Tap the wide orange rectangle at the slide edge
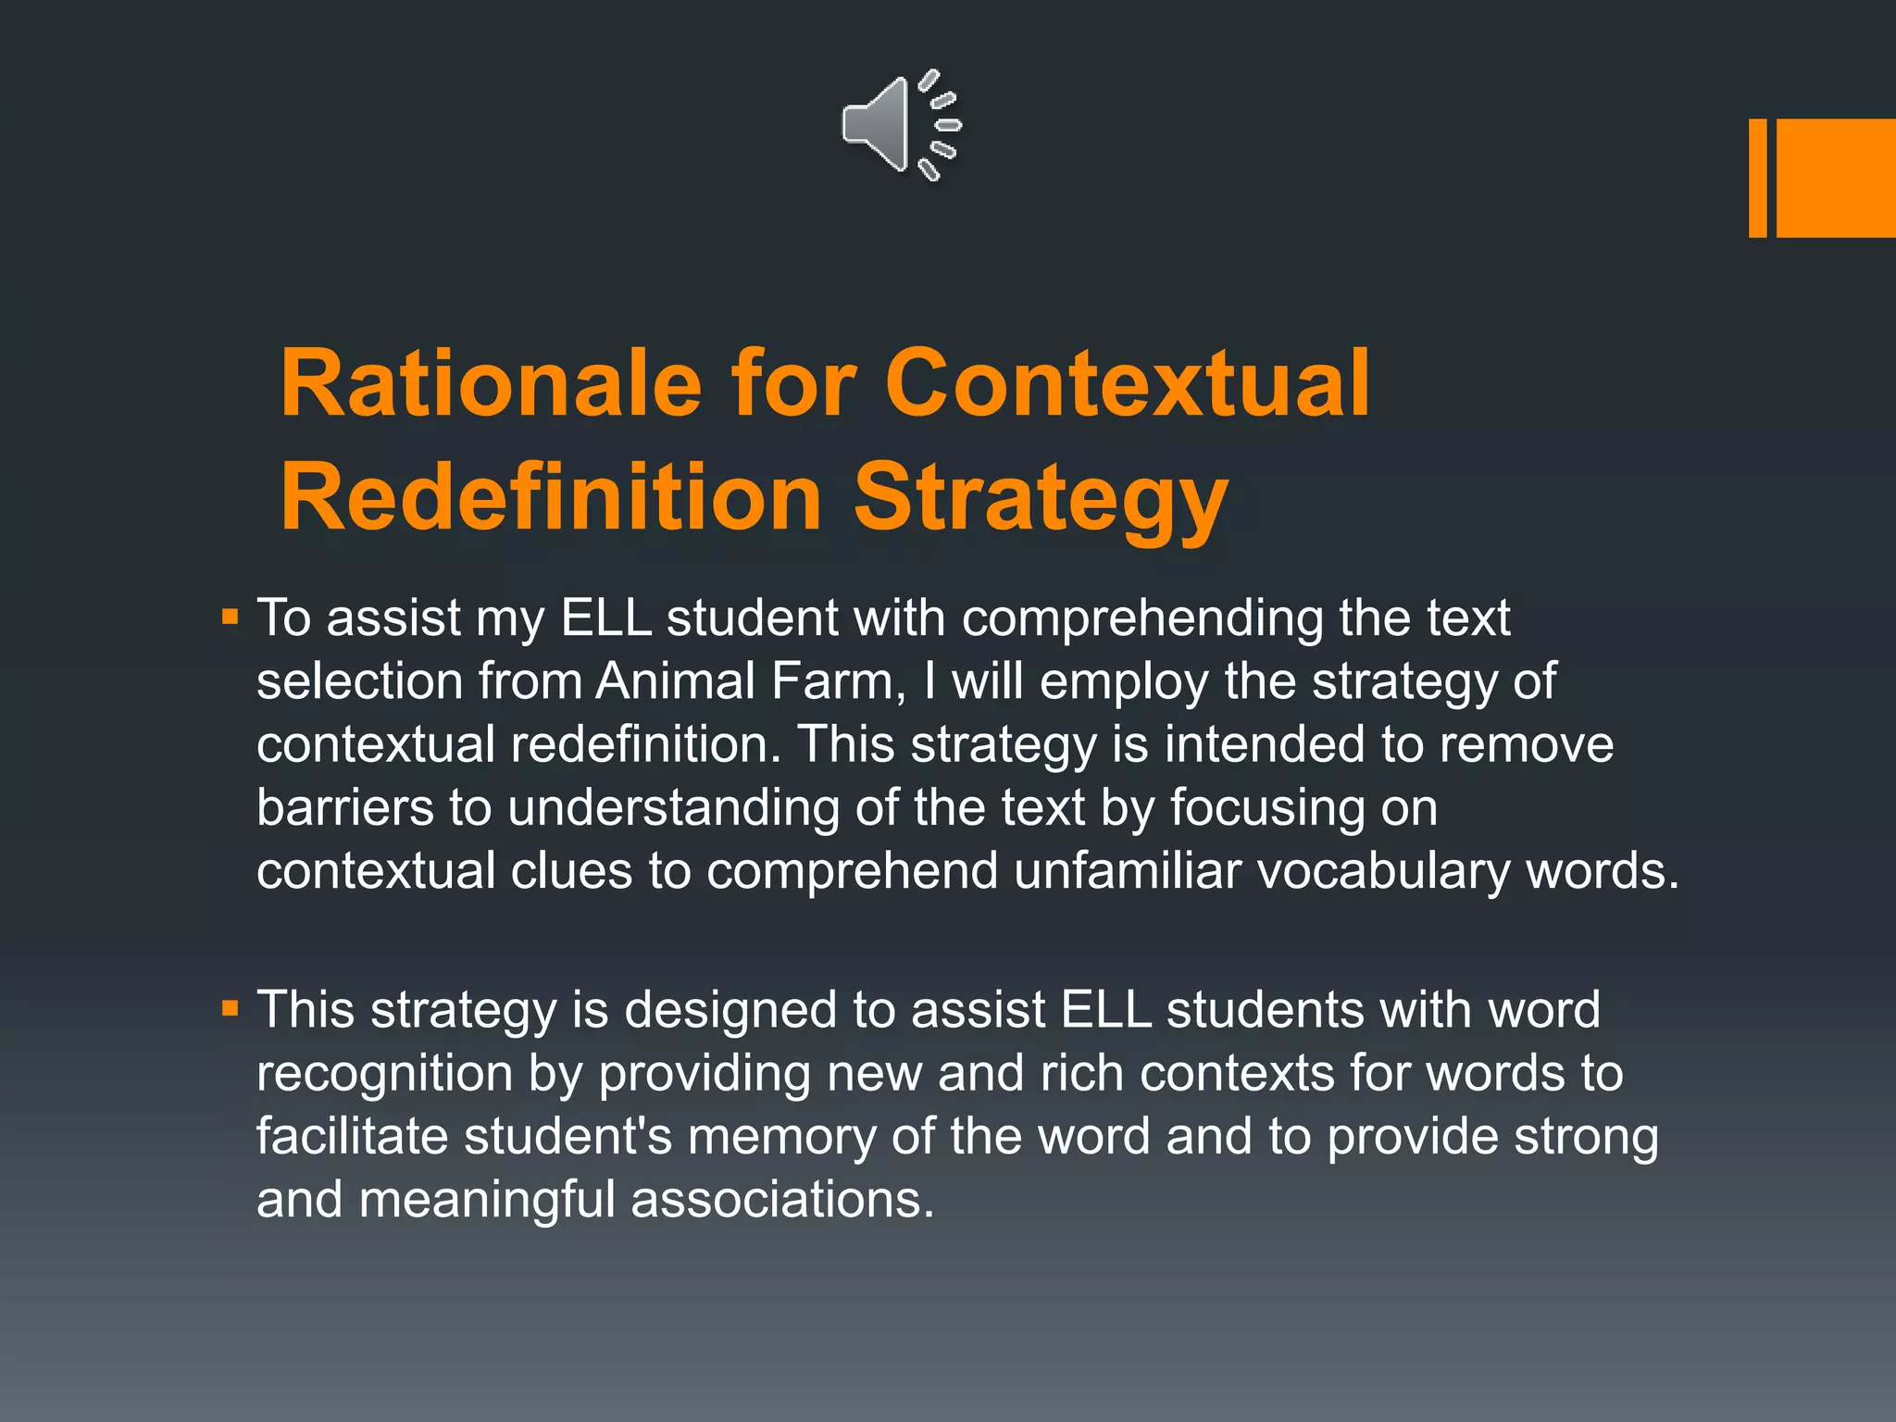pos(1836,178)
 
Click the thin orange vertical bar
pos(1757,178)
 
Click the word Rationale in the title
pos(491,383)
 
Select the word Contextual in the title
pos(1127,383)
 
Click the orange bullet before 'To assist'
pos(231,617)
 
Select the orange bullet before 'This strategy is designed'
pos(231,1008)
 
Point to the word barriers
pos(345,807)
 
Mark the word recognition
pos(384,1074)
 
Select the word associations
pos(782,1200)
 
